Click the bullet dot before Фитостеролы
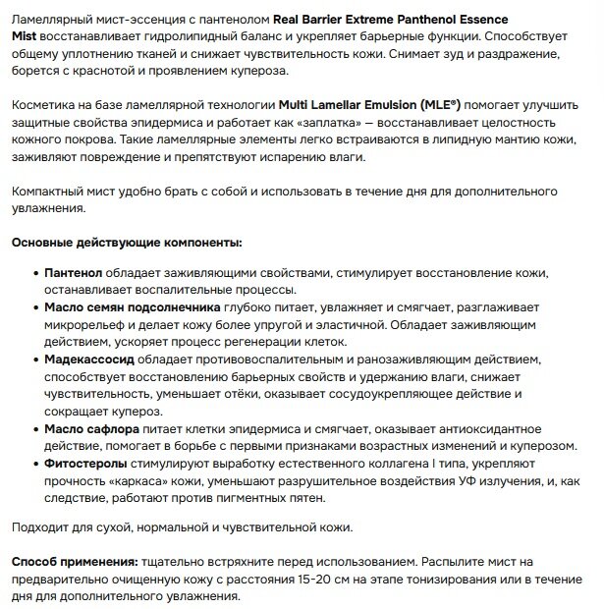click(x=35, y=464)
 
